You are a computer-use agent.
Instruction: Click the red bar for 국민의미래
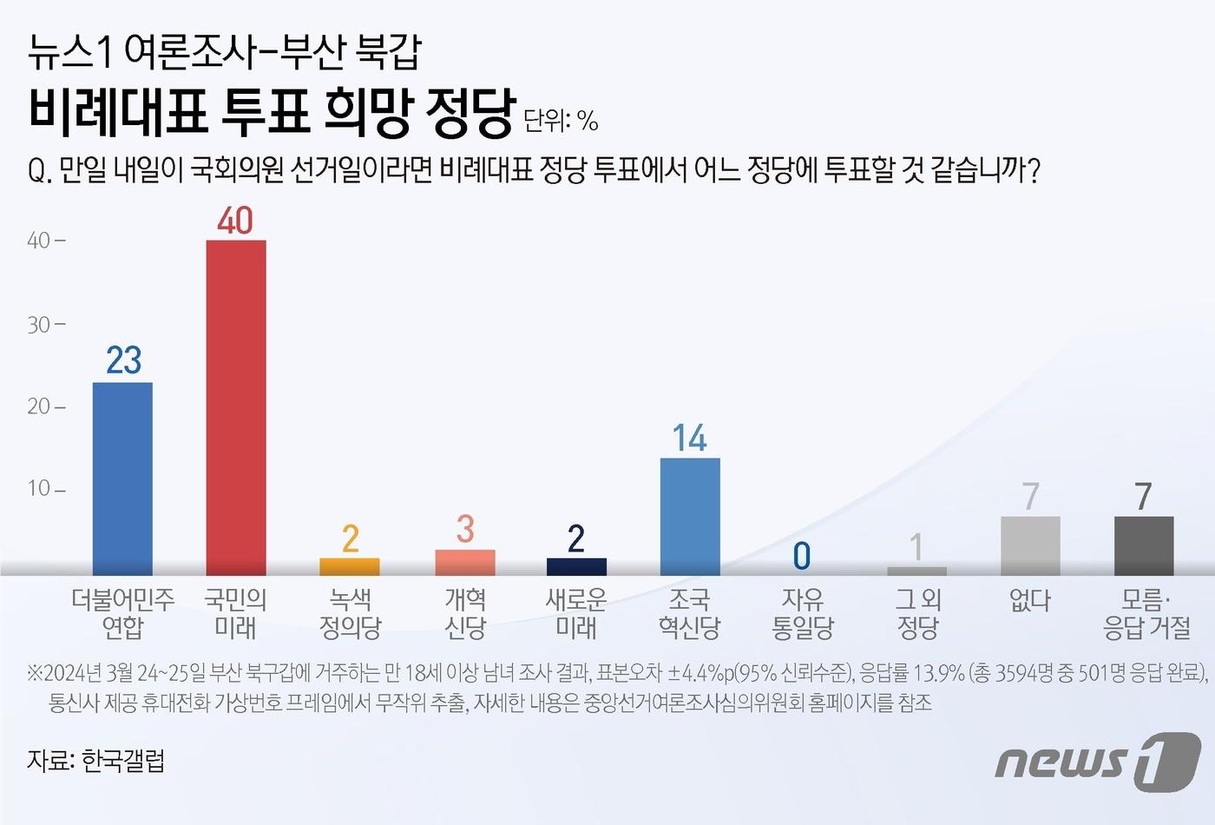click(235, 407)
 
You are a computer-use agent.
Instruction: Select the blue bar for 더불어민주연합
click(122, 478)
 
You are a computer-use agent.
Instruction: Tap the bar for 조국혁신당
click(690, 516)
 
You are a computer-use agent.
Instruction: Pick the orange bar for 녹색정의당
click(350, 566)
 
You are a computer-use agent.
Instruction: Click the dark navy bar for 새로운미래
click(576, 566)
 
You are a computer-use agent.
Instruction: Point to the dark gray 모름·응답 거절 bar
click(1144, 545)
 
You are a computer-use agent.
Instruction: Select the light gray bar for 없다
click(1030, 545)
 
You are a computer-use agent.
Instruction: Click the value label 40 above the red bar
click(235, 221)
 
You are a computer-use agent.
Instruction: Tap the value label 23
click(123, 360)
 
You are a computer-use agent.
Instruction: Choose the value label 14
click(690, 439)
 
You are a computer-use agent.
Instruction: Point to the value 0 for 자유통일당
click(802, 556)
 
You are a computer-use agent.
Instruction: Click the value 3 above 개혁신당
click(465, 529)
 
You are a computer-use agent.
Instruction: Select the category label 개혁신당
click(465, 613)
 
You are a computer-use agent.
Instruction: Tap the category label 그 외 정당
click(917, 613)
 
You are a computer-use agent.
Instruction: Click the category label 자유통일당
click(803, 613)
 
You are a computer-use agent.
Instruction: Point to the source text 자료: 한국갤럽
click(95, 762)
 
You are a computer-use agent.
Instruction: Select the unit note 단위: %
click(561, 121)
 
